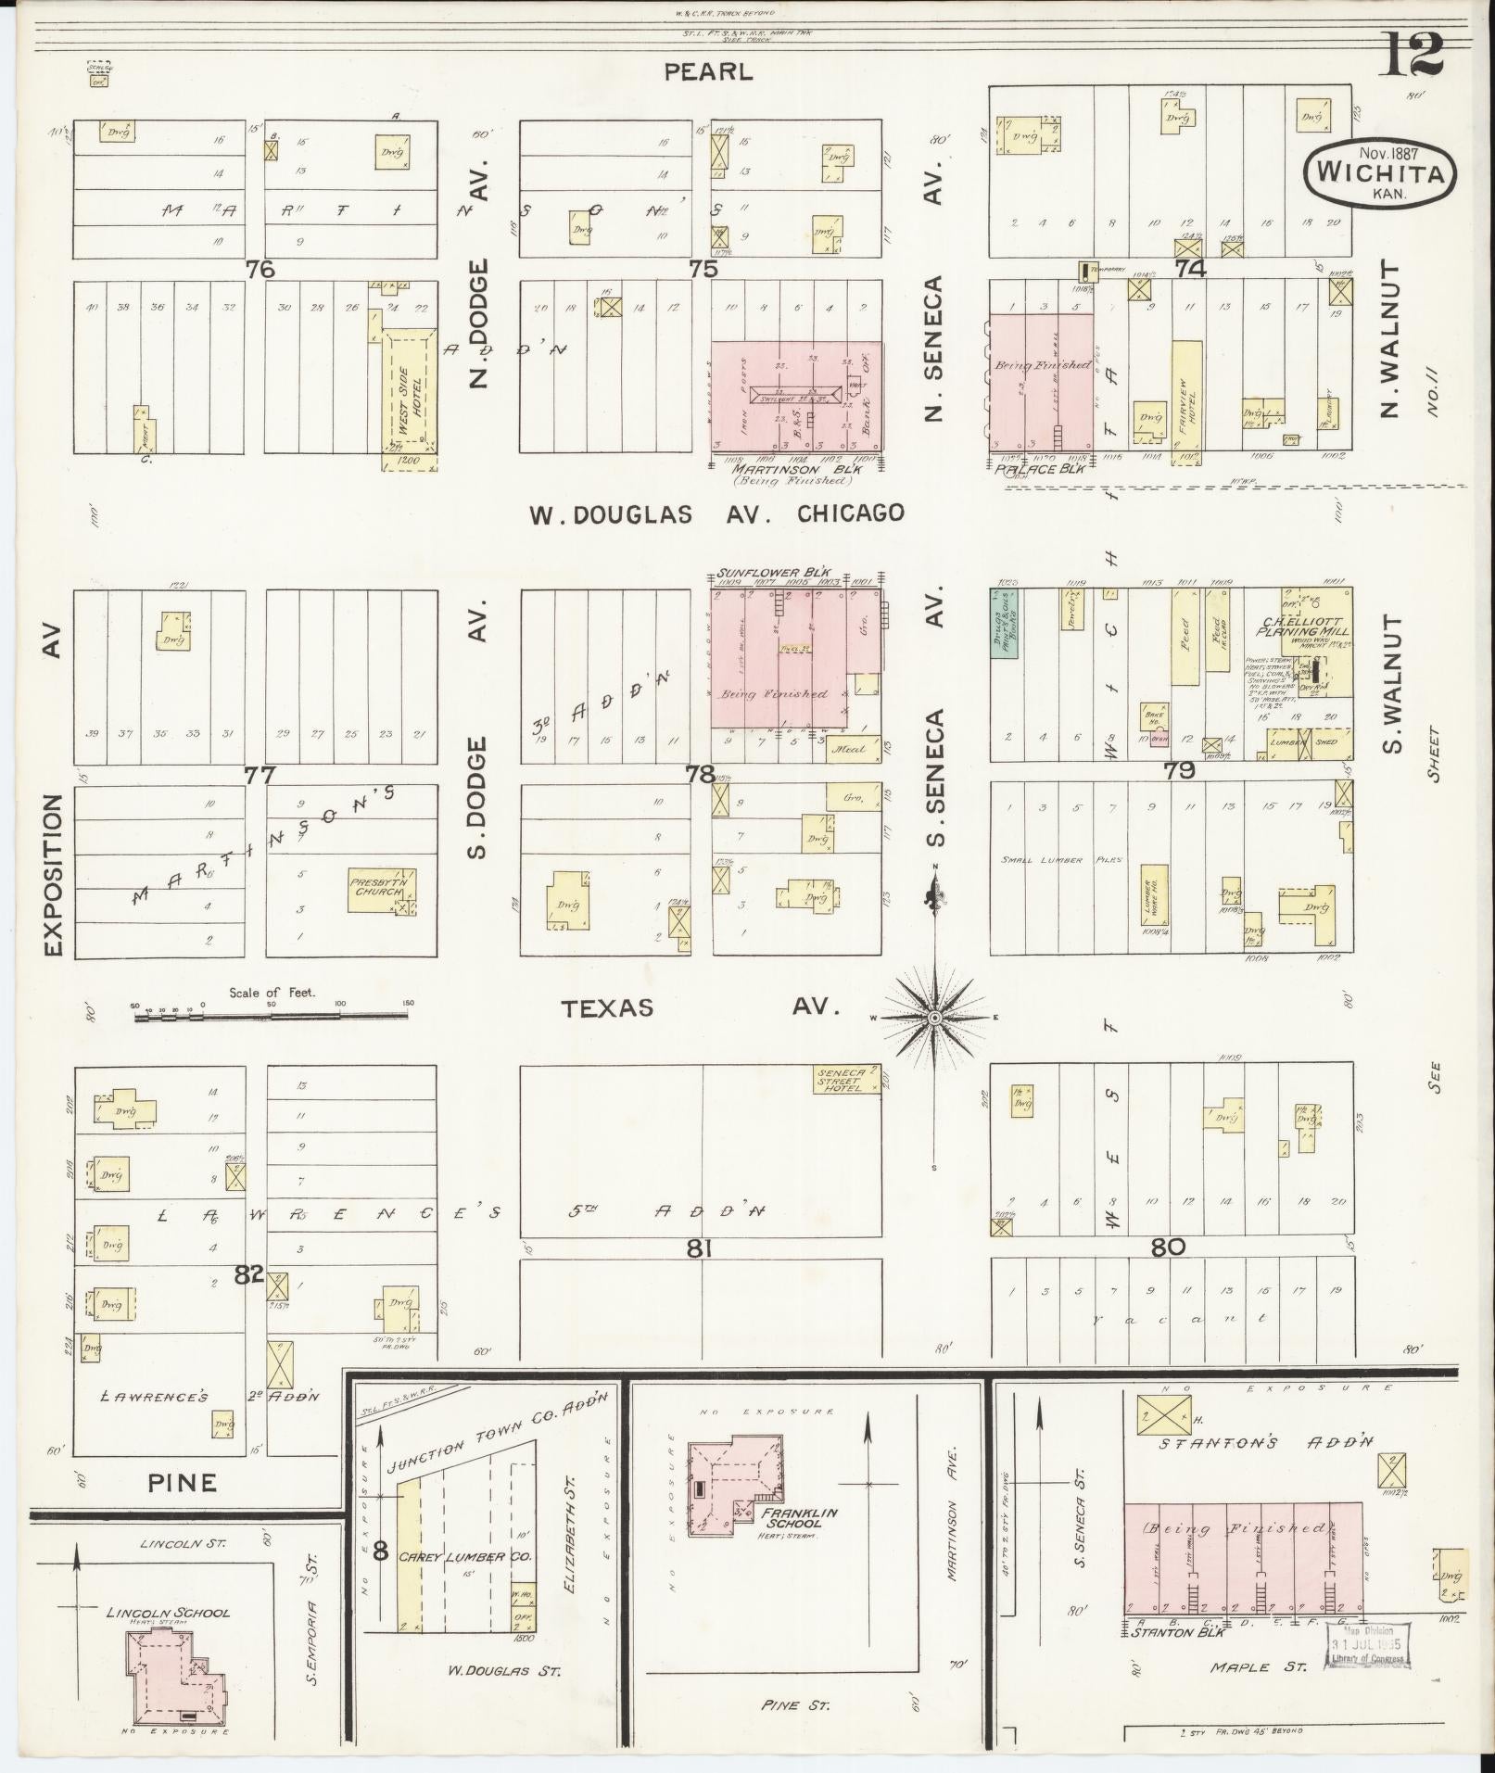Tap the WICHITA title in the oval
(1378, 173)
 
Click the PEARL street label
(708, 71)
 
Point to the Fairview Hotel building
(1186, 399)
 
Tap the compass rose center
(935, 1018)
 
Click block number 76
(261, 269)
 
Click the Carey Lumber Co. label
(466, 1556)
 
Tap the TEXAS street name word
(607, 1007)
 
